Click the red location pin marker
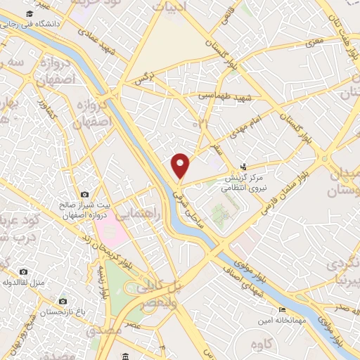181,166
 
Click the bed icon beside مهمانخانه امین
283,310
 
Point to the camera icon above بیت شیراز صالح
84,194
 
